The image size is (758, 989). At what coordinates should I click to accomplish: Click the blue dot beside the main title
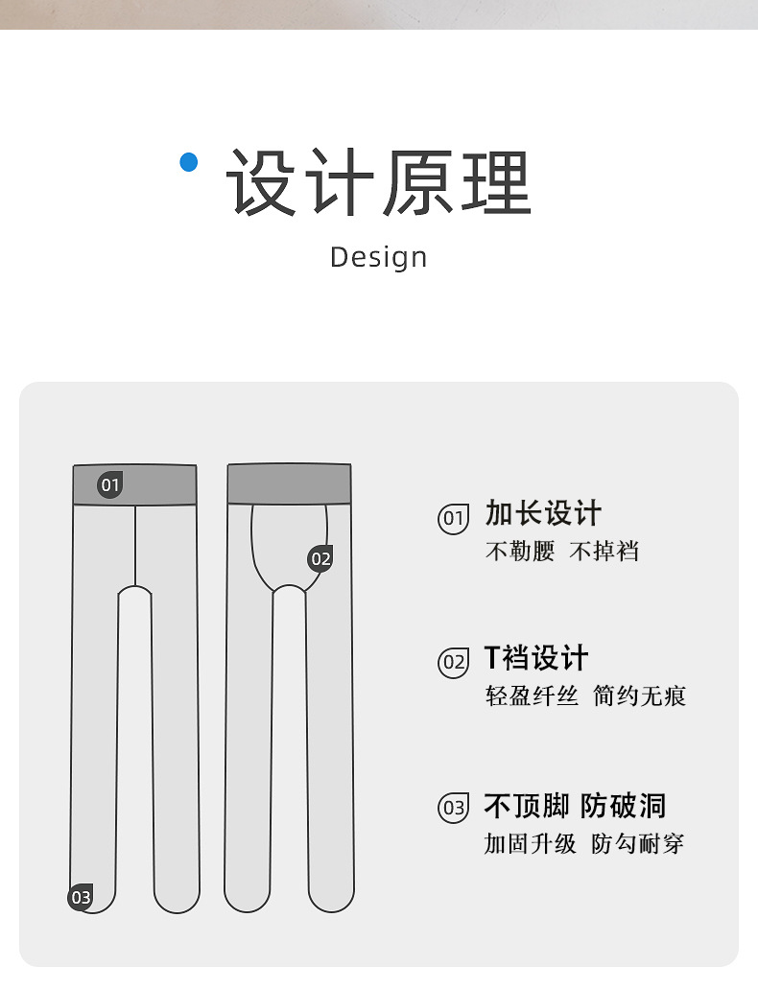[188, 162]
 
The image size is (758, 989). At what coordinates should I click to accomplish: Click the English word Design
[378, 257]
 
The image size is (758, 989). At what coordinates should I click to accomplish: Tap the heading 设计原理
[379, 183]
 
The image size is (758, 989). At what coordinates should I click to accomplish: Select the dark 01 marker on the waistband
[110, 484]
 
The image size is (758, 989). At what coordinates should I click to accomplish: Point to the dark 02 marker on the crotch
[320, 558]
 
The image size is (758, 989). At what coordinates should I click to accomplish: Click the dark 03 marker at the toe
[81, 898]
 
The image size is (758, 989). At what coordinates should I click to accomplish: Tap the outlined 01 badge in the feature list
[453, 519]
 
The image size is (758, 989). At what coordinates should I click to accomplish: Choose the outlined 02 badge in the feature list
[453, 662]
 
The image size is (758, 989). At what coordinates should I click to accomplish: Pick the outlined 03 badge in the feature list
[453, 808]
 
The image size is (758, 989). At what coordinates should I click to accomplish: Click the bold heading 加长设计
[543, 513]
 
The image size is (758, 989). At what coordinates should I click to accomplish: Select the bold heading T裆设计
[535, 658]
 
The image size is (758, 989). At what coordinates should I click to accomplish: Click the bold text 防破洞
[624, 806]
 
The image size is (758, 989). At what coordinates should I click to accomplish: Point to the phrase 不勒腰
[520, 552]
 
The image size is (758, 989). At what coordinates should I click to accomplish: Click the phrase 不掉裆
[604, 552]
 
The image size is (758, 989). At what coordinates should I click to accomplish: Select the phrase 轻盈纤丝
[532, 695]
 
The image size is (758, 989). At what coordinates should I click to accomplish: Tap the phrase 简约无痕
[640, 695]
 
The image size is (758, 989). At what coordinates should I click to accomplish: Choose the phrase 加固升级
[531, 844]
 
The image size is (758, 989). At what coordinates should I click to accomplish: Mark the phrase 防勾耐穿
[638, 844]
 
